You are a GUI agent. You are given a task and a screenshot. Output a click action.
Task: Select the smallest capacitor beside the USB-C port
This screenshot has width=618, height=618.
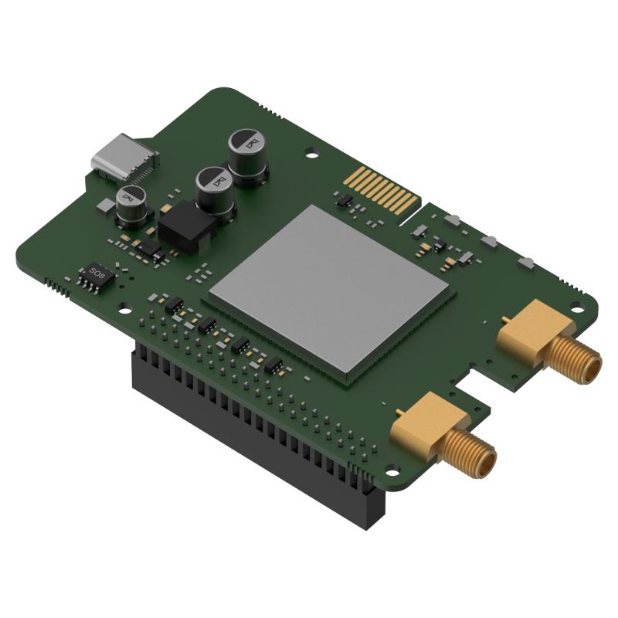click(x=132, y=199)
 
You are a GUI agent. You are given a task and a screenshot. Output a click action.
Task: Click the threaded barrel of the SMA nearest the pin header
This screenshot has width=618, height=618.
click(x=471, y=452)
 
